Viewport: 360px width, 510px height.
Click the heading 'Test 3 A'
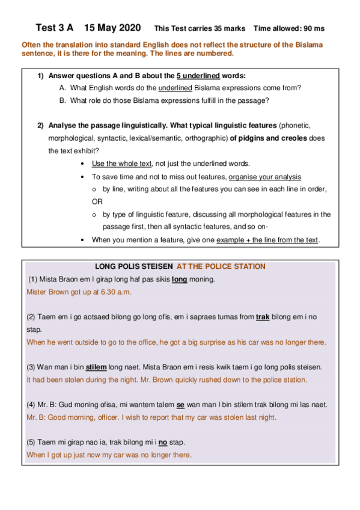click(x=54, y=28)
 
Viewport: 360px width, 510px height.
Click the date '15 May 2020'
click(x=112, y=28)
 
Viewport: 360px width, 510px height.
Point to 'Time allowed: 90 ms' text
click(x=289, y=28)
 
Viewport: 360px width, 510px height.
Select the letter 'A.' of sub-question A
click(x=63, y=88)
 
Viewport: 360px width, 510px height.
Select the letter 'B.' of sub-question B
click(x=63, y=100)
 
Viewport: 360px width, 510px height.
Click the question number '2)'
click(x=40, y=126)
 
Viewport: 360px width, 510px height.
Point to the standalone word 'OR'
click(x=97, y=202)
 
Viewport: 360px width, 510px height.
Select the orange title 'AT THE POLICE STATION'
click(x=221, y=266)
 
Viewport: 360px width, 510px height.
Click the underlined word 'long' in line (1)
click(x=179, y=280)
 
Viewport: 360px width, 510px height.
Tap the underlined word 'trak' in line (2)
click(x=262, y=316)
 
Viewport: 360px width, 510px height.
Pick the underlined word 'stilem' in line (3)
click(x=97, y=366)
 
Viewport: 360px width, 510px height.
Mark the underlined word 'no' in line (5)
click(x=162, y=442)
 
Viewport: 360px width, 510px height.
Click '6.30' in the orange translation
click(x=102, y=292)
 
